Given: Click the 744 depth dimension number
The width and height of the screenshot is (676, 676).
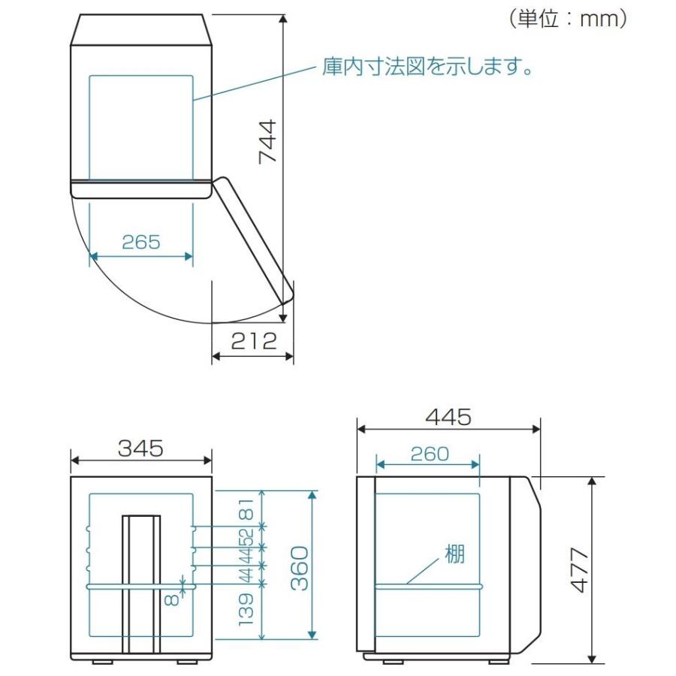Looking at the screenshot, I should [x=267, y=142].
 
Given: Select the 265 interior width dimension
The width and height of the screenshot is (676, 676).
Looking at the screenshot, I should [x=141, y=242].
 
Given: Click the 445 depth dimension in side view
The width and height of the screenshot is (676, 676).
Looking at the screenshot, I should [x=448, y=417].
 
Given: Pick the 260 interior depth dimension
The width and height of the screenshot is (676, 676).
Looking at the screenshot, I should [x=430, y=453].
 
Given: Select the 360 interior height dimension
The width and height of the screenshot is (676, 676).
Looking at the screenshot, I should [x=299, y=567].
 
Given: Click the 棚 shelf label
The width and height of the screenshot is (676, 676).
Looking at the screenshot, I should [x=454, y=555].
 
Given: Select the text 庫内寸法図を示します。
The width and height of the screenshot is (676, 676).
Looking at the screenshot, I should [x=427, y=68].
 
